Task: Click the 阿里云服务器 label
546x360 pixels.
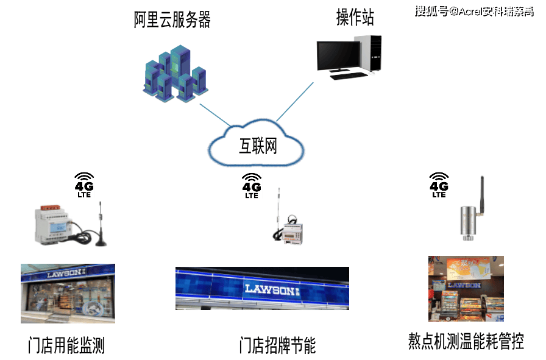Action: click(x=172, y=20)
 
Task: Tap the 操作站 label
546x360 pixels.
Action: click(x=355, y=17)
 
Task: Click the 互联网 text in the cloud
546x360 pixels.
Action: click(x=258, y=146)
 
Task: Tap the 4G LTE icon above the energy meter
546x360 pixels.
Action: click(x=83, y=183)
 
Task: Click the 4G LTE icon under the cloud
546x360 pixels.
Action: click(x=251, y=185)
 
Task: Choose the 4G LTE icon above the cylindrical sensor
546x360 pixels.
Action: click(x=439, y=183)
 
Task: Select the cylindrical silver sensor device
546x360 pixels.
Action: click(x=468, y=221)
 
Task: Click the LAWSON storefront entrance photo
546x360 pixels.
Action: click(x=68, y=293)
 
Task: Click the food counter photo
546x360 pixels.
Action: click(x=466, y=288)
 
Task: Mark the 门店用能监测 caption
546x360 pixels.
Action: click(x=66, y=346)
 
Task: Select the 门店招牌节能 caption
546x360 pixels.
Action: click(x=277, y=346)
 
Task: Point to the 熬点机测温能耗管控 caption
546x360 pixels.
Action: click(x=466, y=341)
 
